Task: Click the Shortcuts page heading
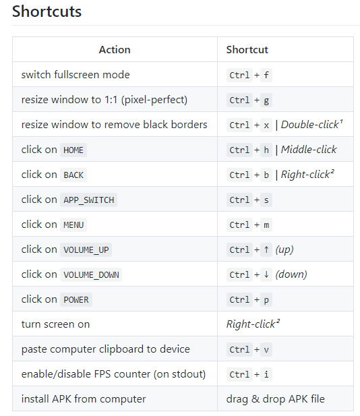pos(47,11)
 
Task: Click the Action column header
pos(115,50)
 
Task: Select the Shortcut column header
pos(247,50)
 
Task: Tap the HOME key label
pos(73,150)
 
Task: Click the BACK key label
pos(73,175)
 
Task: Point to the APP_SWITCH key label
pos(88,200)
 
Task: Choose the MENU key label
pos(73,225)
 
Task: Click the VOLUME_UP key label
pos(86,250)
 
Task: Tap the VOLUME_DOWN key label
pos(91,275)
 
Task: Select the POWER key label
pos(76,300)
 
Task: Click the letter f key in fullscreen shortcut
pos(266,75)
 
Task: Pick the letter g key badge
pos(266,100)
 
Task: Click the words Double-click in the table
pos(310,125)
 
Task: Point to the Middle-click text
pos(309,150)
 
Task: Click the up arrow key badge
pos(266,249)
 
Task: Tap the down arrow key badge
pos(266,274)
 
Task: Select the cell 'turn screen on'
pos(55,324)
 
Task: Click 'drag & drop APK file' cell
pos(275,399)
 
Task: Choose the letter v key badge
pos(266,349)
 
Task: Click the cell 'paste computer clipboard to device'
pos(106,349)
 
